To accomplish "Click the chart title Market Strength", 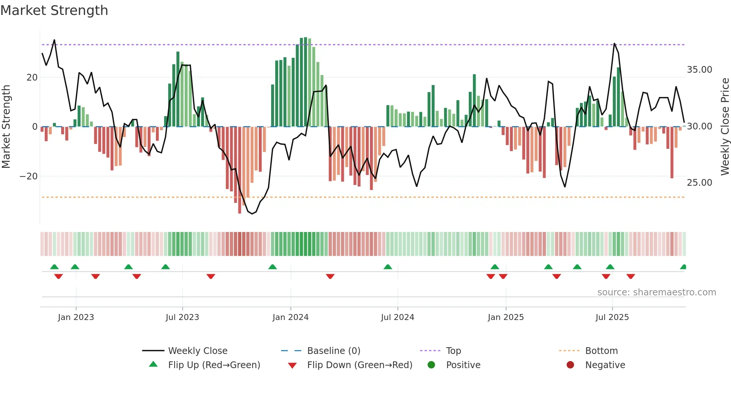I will pyautogui.click(x=54, y=10).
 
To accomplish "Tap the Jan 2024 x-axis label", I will pyautogui.click(x=290, y=317).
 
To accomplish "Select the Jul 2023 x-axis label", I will pyautogui.click(x=182, y=317).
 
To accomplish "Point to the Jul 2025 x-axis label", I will pyautogui.click(x=612, y=317).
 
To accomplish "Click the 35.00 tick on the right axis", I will pyautogui.click(x=699, y=70).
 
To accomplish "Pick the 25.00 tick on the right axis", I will pyautogui.click(x=699, y=183).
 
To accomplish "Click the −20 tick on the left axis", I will pyautogui.click(x=29, y=176).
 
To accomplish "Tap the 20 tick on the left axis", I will pyautogui.click(x=32, y=78).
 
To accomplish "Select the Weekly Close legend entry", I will pyautogui.click(x=197, y=351).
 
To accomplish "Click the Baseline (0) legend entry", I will pyautogui.click(x=333, y=351).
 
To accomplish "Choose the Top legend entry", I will pyautogui.click(x=453, y=351).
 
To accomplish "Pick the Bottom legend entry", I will pyautogui.click(x=601, y=351).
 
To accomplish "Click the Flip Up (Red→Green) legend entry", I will pyautogui.click(x=214, y=365).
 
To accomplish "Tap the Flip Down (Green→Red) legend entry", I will pyautogui.click(x=360, y=365).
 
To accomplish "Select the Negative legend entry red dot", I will pyautogui.click(x=570, y=365).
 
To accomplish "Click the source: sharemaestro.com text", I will pyautogui.click(x=656, y=292).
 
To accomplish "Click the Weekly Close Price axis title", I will pyautogui.click(x=725, y=127).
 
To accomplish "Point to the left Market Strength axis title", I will pyautogui.click(x=6, y=127).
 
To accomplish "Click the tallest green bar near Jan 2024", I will pyautogui.click(x=305, y=82).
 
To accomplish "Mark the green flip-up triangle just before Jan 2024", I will pyautogui.click(x=273, y=267).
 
